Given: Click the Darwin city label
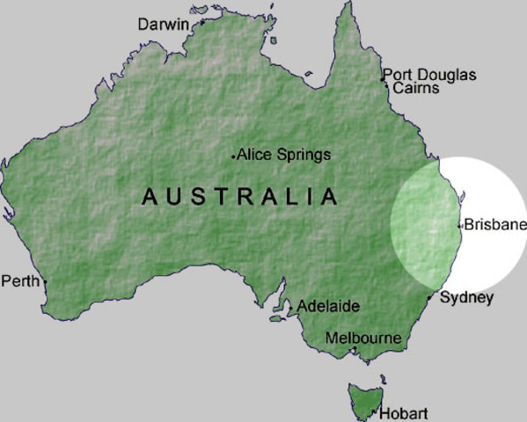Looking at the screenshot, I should click(163, 25).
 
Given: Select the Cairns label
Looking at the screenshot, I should click(415, 88).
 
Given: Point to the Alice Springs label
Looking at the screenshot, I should click(284, 155).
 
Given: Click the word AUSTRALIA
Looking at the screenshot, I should click(239, 196).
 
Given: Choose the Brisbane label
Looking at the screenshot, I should click(494, 224).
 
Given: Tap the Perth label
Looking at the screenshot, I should click(20, 281).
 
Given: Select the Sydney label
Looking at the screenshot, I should click(466, 297).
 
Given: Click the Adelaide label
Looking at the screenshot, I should click(328, 306).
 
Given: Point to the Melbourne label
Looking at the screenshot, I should click(362, 338).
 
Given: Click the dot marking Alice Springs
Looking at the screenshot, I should click(234, 156).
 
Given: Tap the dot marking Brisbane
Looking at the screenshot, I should click(460, 225).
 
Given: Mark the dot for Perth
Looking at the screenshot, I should click(45, 282).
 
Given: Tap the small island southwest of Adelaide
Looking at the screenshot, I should click(275, 318).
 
